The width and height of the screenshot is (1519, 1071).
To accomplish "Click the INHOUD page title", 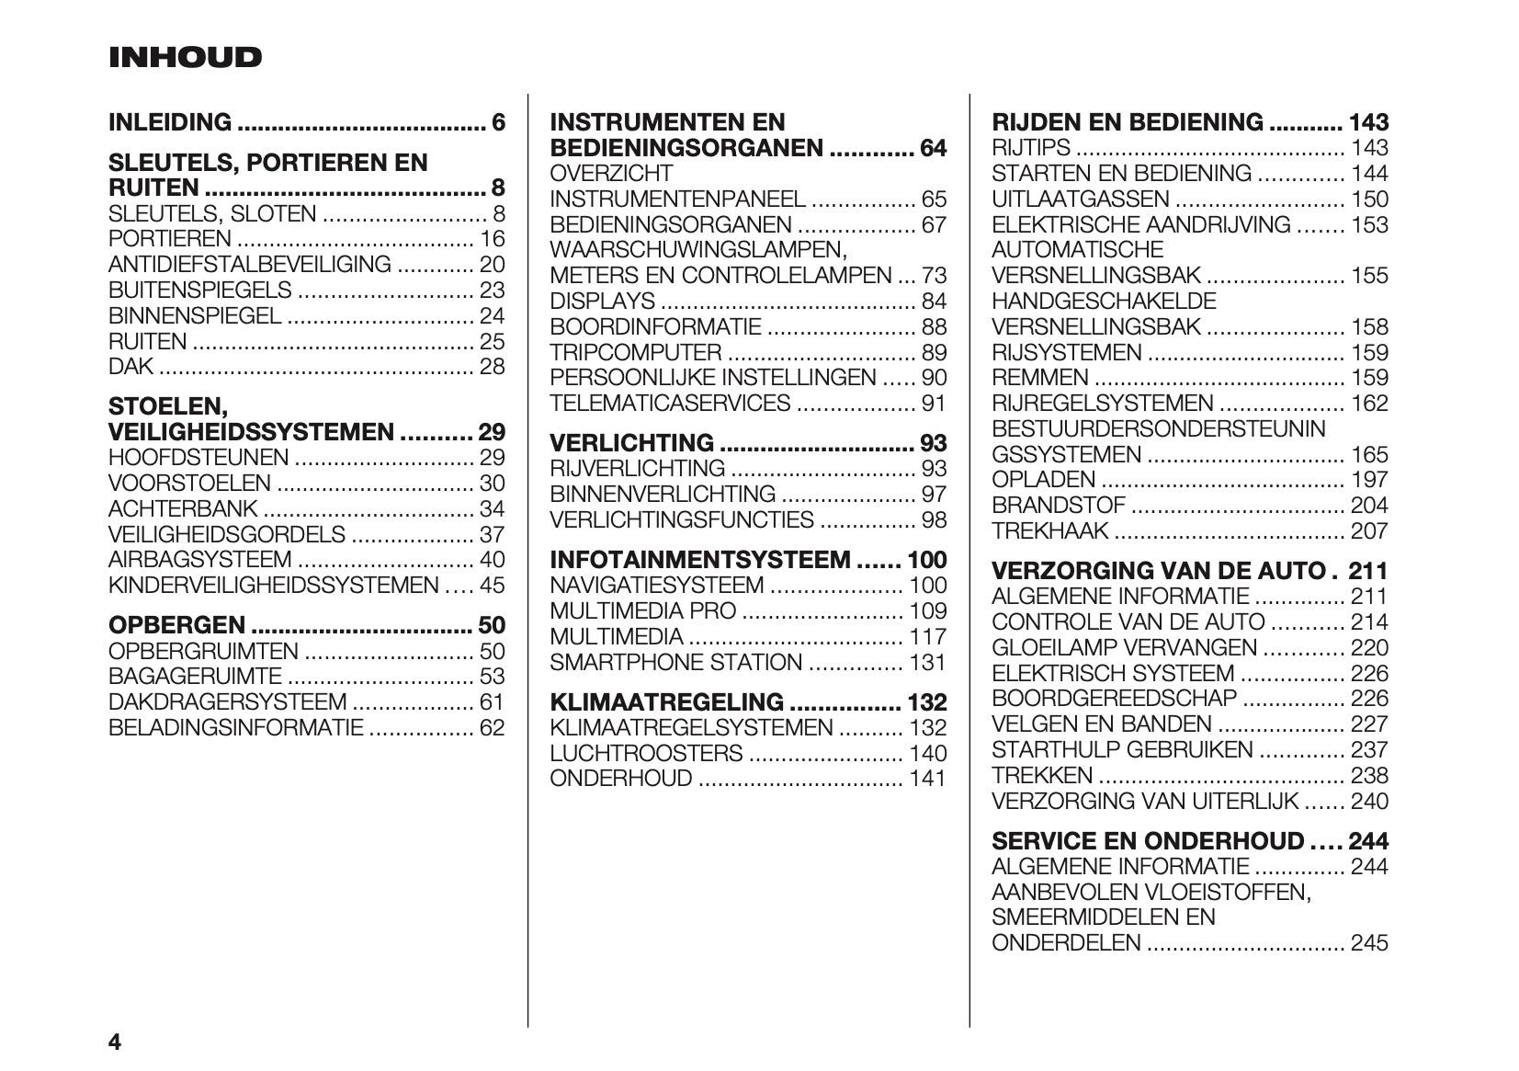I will pos(185,58).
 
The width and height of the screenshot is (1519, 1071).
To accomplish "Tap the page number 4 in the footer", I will pos(115,1042).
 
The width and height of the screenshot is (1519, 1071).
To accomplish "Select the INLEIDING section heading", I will pos(170,122).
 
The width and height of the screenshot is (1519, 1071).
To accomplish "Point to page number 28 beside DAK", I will pos(493,367).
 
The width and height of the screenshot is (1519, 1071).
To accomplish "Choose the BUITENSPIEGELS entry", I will pos(200,291).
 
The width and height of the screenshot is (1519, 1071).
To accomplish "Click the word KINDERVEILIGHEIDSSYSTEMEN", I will pos(274,586).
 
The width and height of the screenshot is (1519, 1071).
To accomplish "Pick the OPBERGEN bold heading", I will pos(177,626).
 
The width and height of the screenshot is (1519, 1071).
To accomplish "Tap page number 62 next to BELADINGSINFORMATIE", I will pos(493,728).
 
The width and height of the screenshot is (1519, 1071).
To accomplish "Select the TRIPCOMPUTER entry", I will pos(636,353).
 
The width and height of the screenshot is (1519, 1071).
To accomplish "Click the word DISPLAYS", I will pos(603,302).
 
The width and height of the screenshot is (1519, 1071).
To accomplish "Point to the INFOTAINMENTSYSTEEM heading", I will pos(700,560).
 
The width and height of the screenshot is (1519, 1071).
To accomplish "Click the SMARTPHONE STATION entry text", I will pos(676,663).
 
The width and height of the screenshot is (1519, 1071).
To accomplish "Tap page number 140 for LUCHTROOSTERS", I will pos(927,754).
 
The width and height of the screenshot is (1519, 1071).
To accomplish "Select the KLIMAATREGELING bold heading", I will pos(667,703).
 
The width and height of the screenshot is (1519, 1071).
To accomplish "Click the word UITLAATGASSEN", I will pos(1081,199).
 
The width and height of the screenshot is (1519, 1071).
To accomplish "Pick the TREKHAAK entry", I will pos(1050,531).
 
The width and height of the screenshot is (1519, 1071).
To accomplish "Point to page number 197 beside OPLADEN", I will pos(1369,480).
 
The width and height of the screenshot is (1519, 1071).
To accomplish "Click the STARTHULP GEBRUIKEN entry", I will pos(1122,750).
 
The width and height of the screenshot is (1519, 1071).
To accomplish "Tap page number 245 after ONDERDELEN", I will pos(1369,943).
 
